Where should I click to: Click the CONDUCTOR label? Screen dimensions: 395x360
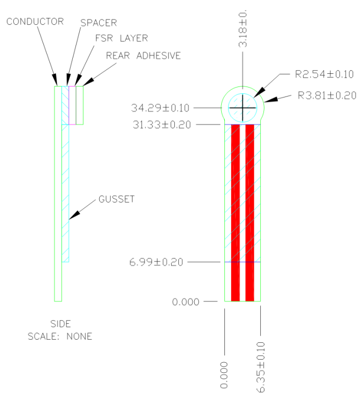(35, 22)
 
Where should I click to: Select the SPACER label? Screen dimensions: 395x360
(99, 23)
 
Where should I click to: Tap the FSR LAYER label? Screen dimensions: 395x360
(121, 38)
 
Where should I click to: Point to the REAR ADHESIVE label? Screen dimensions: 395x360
(143, 55)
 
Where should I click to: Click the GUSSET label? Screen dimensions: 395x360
(116, 199)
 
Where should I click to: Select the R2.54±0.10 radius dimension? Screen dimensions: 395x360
(324, 74)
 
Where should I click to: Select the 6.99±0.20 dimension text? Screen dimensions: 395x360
(157, 262)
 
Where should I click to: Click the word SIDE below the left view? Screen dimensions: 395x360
(60, 324)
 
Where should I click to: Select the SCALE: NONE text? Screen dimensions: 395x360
(60, 336)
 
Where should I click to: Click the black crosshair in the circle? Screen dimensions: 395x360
(243, 108)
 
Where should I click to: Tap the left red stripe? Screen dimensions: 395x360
(235, 211)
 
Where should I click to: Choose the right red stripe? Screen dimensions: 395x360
(250, 211)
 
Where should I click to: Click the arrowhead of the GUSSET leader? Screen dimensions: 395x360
(73, 215)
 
